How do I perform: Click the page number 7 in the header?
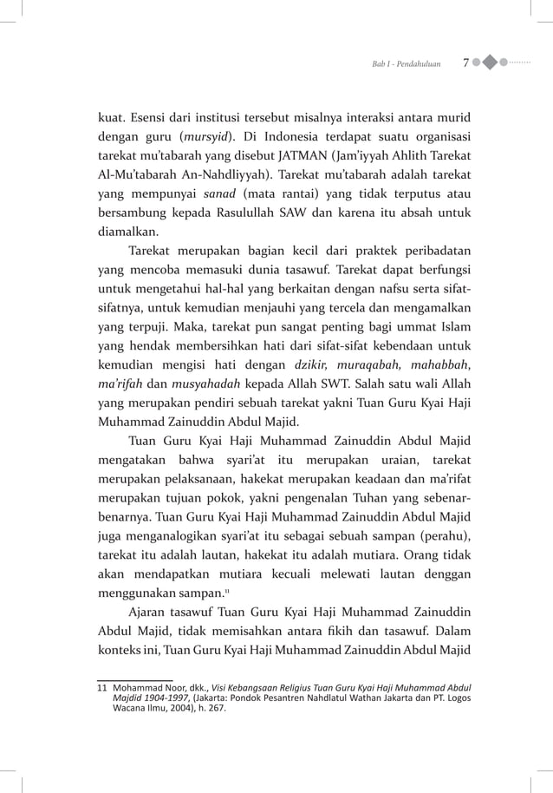click(466, 63)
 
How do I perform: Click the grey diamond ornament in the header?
click(490, 63)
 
